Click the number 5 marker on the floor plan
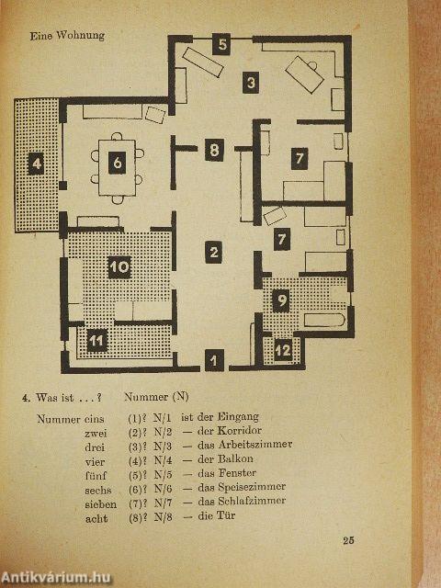point(221,44)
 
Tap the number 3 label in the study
point(251,82)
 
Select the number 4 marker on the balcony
point(37,164)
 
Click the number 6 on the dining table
point(117,164)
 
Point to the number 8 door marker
point(214,150)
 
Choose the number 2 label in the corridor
point(214,252)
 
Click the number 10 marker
point(119,267)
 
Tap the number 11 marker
point(97,341)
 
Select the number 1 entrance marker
point(214,361)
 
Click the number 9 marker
point(281,300)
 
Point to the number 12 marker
point(283,350)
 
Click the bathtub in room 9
point(324,320)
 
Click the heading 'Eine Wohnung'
point(67,36)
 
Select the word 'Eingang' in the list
point(239,417)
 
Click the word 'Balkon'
point(235,458)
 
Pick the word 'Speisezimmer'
point(252,487)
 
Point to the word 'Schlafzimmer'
point(252,501)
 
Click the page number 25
point(348,541)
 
